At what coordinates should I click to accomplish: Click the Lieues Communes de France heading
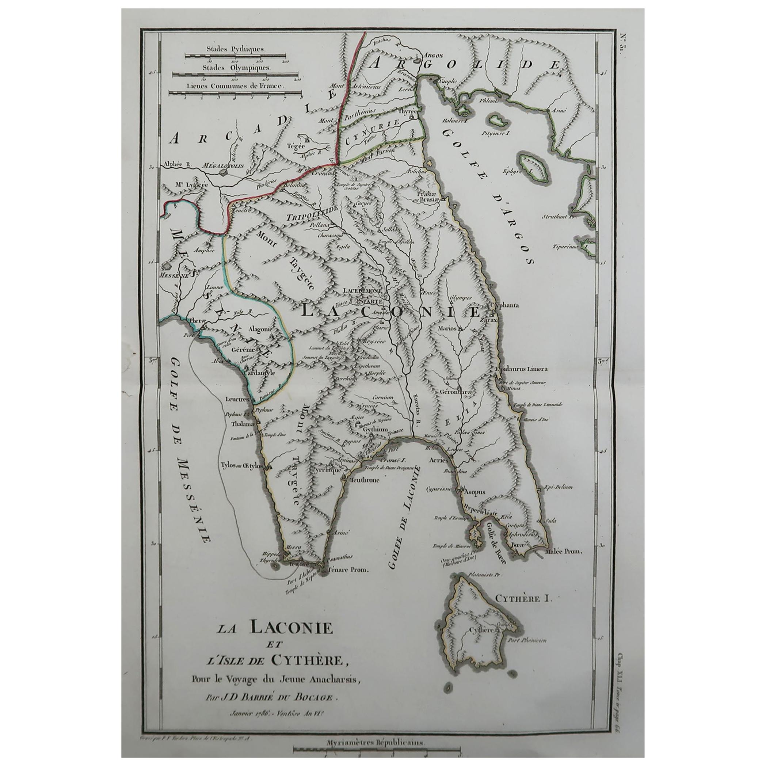pyautogui.click(x=236, y=85)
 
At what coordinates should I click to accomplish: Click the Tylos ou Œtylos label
pyautogui.click(x=243, y=466)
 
